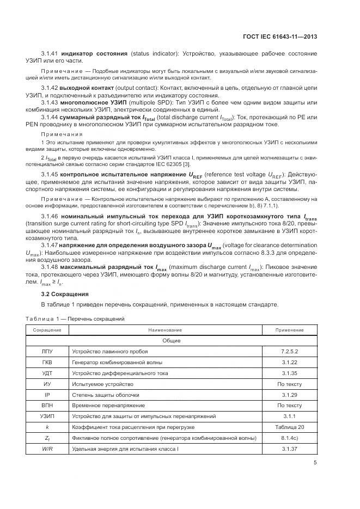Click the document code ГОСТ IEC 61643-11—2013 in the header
pos(279,36)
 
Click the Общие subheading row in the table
pos(171,341)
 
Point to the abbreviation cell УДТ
pos(47,373)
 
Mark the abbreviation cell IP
pos(47,395)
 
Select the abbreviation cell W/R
pos(47,449)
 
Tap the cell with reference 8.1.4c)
pos(289,438)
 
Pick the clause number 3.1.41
pos(50,54)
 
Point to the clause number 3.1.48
pos(50,267)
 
